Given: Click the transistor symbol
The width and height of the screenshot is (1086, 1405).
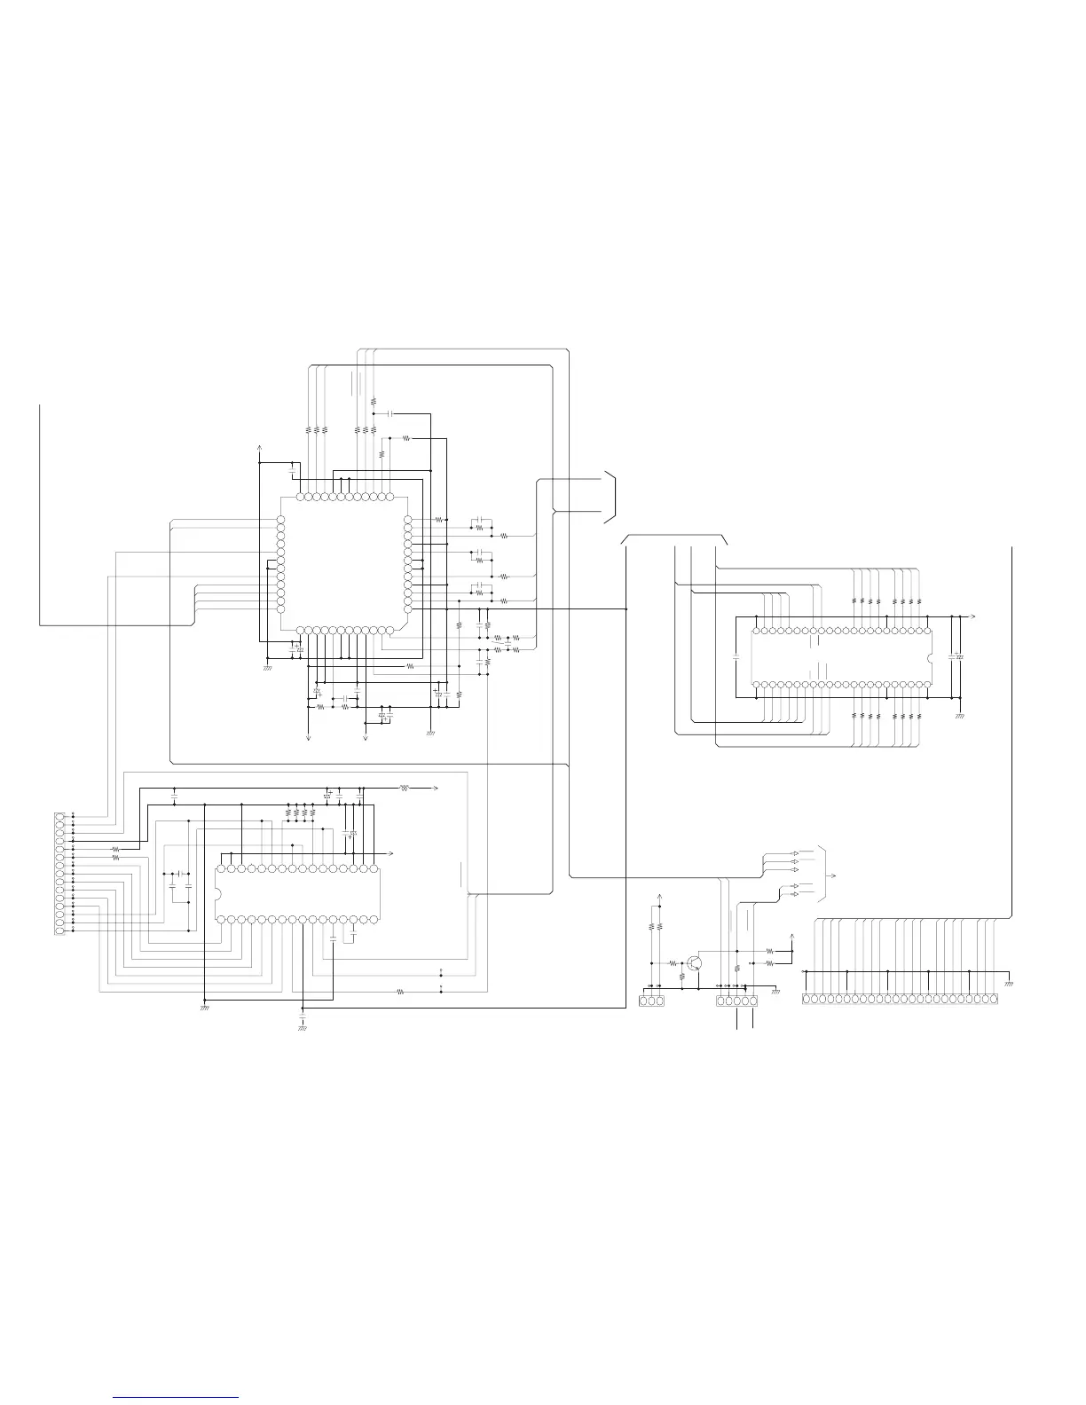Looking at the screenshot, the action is (x=696, y=963).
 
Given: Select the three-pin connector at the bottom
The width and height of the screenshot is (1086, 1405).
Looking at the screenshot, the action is (x=651, y=1001).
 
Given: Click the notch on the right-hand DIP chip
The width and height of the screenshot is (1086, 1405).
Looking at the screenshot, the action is (x=930, y=657).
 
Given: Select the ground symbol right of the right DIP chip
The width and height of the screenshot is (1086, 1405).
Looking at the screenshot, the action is (x=959, y=714).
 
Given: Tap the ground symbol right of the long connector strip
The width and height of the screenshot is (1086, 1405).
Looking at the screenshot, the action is (x=1009, y=984).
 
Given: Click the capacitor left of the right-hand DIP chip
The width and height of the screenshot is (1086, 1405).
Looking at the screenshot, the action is (x=736, y=658).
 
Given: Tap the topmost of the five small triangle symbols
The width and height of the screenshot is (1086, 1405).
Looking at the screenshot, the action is (x=794, y=852).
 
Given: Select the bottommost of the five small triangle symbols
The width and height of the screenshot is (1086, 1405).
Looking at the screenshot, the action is (x=794, y=894).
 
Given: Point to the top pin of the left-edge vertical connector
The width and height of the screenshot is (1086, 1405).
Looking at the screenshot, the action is (x=59, y=816).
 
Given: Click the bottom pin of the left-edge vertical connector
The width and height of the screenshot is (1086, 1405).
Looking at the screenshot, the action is (x=59, y=930).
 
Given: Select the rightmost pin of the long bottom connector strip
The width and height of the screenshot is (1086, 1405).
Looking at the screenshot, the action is (x=994, y=1000).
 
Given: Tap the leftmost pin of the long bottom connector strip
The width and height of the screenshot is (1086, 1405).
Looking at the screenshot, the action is (x=807, y=1000).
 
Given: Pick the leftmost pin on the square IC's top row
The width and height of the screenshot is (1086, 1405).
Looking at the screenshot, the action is (x=299, y=497).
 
